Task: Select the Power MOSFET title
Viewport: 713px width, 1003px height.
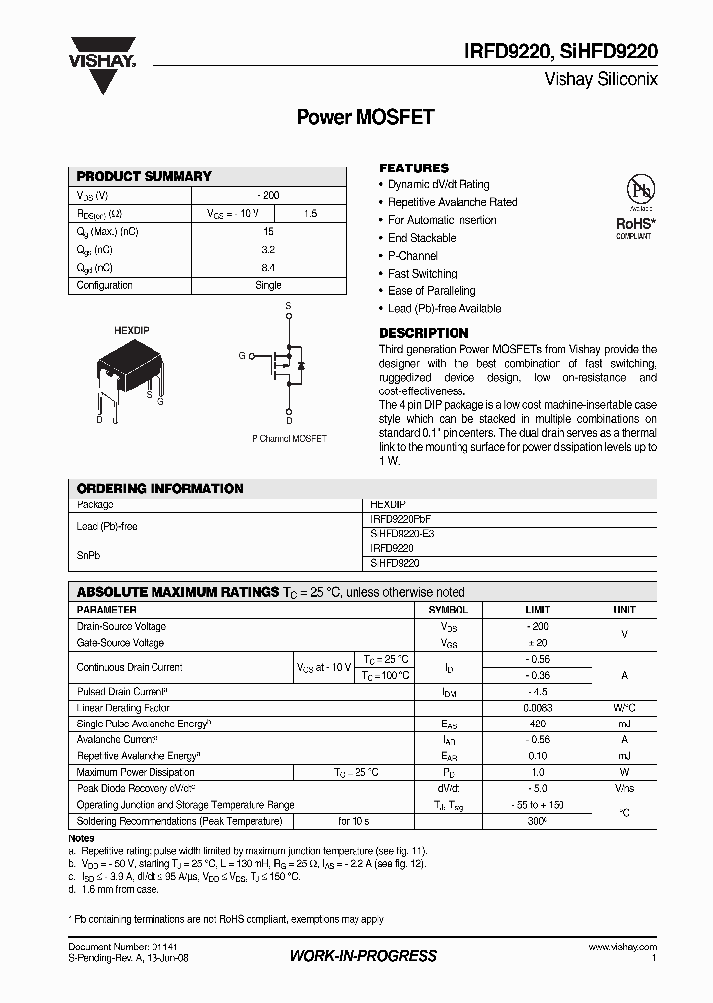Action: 365,117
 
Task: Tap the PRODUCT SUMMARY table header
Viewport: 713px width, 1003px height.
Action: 145,176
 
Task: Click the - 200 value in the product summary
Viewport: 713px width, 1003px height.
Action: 268,195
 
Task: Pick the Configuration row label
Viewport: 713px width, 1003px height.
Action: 105,285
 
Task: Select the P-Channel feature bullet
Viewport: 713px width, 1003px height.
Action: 413,256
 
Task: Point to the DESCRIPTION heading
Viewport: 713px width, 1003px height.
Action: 424,333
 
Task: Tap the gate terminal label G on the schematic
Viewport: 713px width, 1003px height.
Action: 241,354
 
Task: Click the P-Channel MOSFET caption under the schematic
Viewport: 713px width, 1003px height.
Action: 288,438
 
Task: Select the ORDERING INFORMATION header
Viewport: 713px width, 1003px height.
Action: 159,488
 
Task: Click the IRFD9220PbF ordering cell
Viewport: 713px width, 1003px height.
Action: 401,519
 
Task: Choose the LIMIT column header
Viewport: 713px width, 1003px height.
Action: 538,610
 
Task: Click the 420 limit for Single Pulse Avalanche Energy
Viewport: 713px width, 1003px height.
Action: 538,724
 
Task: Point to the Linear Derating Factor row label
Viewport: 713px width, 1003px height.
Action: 124,708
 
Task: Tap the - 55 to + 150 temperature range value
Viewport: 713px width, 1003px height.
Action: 538,805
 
